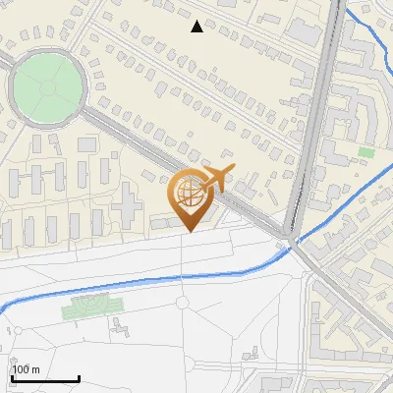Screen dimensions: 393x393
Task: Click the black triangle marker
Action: click(197, 27)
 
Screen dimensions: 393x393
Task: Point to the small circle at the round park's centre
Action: click(46, 86)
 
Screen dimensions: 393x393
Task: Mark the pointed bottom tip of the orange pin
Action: click(188, 232)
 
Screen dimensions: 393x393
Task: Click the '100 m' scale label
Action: click(27, 369)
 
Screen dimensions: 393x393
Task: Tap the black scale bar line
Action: click(45, 378)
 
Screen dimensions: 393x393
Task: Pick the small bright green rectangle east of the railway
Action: click(366, 152)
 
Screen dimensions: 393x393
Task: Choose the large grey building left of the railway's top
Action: click(306, 32)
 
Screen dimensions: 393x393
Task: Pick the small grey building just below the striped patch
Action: click(120, 325)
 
